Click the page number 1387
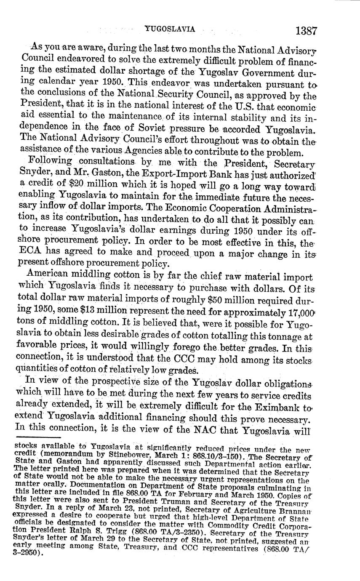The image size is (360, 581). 306,31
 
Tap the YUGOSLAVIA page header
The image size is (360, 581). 170,29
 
